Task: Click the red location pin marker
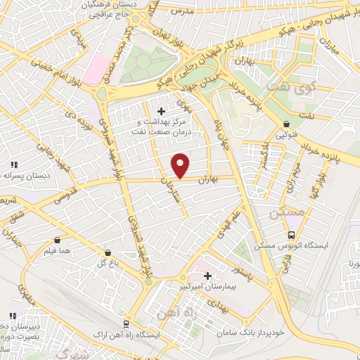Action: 181,165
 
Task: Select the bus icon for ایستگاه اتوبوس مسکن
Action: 290,235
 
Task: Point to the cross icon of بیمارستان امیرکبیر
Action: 207,276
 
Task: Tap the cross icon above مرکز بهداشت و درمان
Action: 162,110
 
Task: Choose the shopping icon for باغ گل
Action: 108,252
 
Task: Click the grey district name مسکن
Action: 286,210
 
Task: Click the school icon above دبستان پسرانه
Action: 13,165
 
